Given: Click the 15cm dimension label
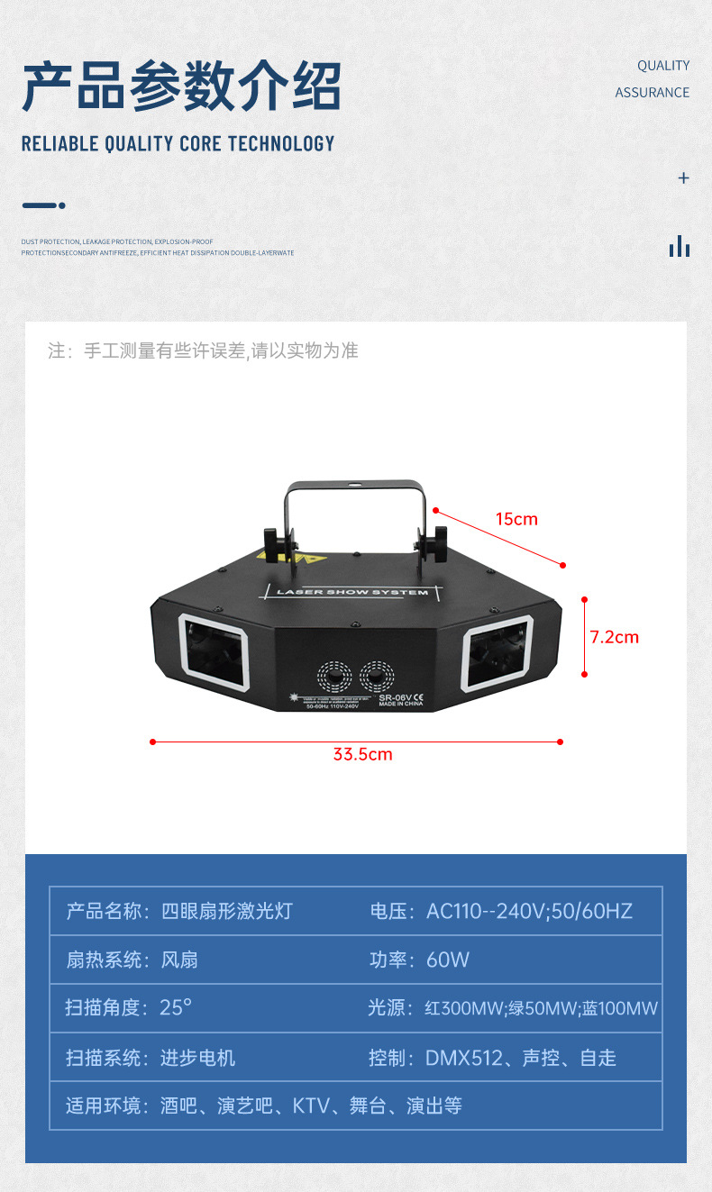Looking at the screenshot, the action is (x=516, y=519).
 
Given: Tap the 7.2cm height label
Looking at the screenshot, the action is (x=614, y=637).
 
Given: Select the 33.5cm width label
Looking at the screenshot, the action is (x=362, y=754).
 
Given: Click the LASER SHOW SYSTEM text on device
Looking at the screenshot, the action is (x=352, y=592).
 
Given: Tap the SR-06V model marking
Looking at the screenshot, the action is (x=396, y=696).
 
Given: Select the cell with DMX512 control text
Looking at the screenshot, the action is (x=493, y=1058).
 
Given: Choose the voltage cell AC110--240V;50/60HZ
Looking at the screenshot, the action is (x=502, y=911).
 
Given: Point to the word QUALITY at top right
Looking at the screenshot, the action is (x=663, y=66).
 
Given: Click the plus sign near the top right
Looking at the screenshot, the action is (x=683, y=178).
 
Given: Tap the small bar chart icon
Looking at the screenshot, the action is (x=680, y=246).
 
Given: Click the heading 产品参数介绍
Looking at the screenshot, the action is (x=182, y=86).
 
